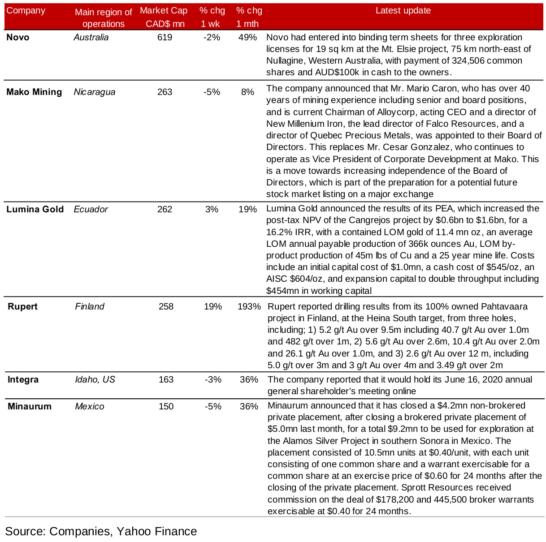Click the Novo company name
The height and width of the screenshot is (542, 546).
tap(18, 37)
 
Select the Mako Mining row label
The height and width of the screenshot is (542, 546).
tap(34, 92)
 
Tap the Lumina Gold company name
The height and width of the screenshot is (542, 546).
tap(35, 209)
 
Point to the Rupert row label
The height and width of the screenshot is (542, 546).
tap(22, 306)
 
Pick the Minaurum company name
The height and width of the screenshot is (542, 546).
tap(30, 406)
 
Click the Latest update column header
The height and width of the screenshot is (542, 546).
tap(403, 11)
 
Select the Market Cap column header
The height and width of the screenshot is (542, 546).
tap(164, 17)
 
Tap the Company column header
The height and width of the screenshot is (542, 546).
tap(26, 11)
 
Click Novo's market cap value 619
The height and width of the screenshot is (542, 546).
tap(165, 37)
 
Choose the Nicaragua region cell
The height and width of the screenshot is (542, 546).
tap(95, 92)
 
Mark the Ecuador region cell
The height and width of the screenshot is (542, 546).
tap(91, 209)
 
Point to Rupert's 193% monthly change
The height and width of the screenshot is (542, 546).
tap(249, 306)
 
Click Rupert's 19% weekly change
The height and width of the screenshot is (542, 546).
tap(213, 306)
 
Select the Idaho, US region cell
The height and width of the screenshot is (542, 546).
tap(95, 379)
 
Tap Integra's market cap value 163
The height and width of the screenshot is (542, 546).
tap(166, 379)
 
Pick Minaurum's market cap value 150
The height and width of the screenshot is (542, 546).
tap(166, 406)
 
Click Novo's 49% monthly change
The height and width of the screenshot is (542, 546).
tap(247, 37)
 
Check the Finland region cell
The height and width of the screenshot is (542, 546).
tap(90, 306)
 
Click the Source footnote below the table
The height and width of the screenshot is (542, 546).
tap(101, 531)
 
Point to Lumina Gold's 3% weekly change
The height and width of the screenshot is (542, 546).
tap(212, 209)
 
